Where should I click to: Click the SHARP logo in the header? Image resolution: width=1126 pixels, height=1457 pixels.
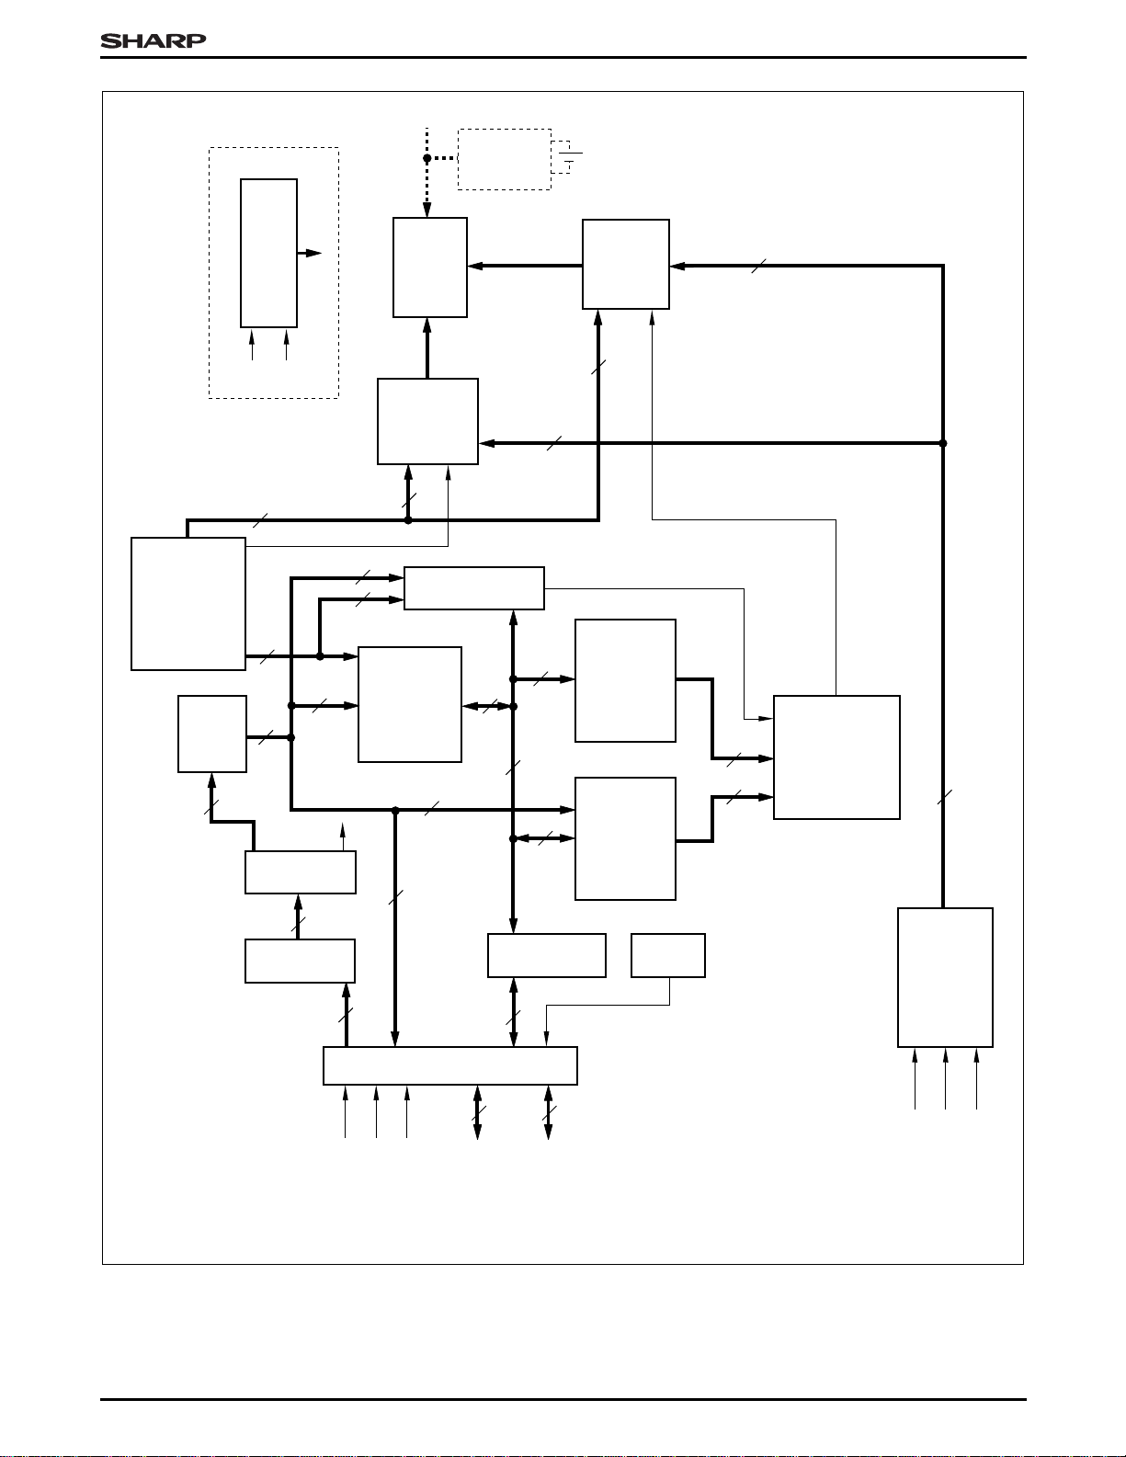coord(153,40)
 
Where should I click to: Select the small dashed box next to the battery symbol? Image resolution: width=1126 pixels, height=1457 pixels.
coord(504,159)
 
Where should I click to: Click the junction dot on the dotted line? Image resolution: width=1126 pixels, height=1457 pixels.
coord(427,158)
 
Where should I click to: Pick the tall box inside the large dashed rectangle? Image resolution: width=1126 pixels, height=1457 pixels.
coord(268,253)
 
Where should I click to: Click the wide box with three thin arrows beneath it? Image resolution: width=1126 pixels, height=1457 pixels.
coord(449,1065)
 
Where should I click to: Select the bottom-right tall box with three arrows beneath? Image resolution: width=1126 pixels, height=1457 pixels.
coord(945,977)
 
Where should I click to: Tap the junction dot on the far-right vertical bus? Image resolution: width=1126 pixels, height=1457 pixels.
coord(943,443)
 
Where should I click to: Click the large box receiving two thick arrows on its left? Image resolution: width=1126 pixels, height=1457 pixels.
coord(836,757)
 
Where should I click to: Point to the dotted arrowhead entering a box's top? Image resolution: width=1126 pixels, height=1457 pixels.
coord(427,211)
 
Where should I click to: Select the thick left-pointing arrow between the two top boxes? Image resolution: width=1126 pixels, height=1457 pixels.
coord(524,267)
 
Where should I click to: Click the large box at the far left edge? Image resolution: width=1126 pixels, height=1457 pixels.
coord(188,603)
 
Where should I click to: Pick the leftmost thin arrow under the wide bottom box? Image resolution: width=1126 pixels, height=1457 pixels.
coord(346,1111)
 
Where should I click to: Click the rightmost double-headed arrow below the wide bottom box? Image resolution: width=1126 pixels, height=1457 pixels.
coord(549,1112)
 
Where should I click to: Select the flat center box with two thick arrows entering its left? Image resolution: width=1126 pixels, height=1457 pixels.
coord(474,588)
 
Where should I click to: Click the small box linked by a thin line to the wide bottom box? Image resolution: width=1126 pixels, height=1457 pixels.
coord(668,955)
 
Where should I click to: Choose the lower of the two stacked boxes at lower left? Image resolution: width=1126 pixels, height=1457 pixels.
coord(300,961)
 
